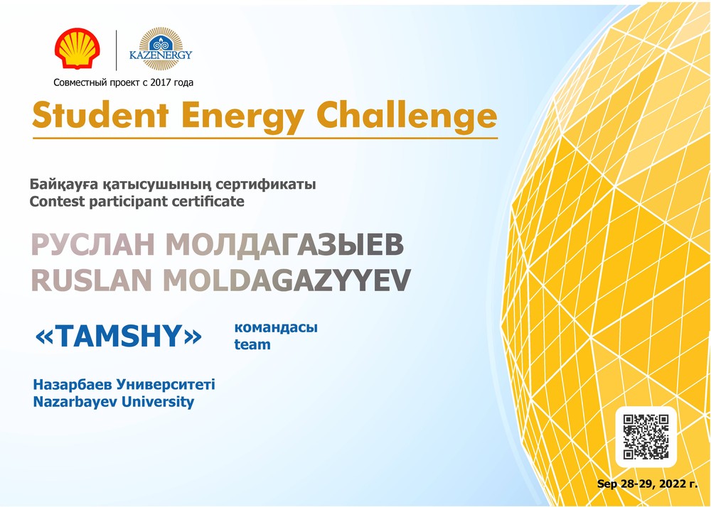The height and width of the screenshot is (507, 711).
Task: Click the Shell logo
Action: pyautogui.click(x=77, y=49)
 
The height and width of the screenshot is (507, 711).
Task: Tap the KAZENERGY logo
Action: pyautogui.click(x=161, y=49)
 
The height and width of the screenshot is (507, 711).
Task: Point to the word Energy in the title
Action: pyautogui.click(x=242, y=116)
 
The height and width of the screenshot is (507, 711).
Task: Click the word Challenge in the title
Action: pyautogui.click(x=407, y=116)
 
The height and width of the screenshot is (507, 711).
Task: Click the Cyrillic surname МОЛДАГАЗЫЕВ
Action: pyautogui.click(x=284, y=245)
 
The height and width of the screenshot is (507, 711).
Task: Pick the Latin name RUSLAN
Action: pyautogui.click(x=91, y=280)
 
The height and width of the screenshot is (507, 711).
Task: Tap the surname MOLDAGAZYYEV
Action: pyautogui.click(x=287, y=280)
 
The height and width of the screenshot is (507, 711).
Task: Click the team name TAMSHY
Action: pyautogui.click(x=118, y=337)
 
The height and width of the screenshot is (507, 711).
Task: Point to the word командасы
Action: pyautogui.click(x=276, y=327)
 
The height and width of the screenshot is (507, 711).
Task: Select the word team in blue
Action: pyautogui.click(x=252, y=344)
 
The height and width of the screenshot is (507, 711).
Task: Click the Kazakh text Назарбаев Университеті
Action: pyautogui.click(x=124, y=385)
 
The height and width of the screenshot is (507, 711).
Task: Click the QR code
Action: pyautogui.click(x=646, y=437)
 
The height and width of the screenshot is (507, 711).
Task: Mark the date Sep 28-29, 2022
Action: pyautogui.click(x=643, y=484)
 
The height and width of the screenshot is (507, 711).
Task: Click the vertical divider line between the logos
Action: pyautogui.click(x=117, y=50)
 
